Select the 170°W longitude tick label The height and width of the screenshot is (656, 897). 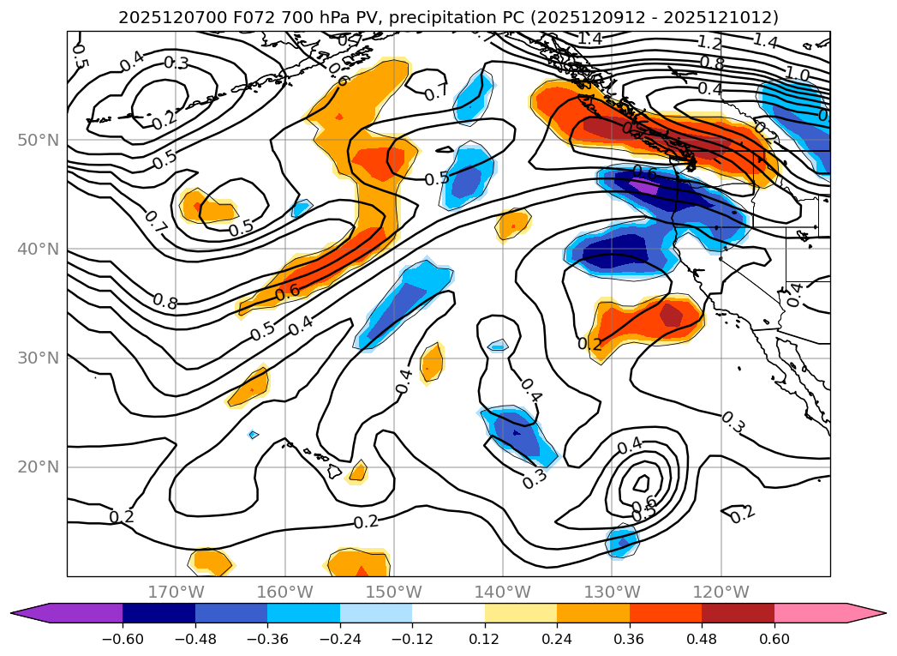pos(176,592)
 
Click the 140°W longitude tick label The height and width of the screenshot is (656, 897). pos(502,592)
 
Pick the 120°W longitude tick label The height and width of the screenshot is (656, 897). pos(721,592)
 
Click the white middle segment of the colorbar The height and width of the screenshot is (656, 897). pos(448,613)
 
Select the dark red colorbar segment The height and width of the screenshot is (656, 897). pos(738,613)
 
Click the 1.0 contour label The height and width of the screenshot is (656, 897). pos(797,75)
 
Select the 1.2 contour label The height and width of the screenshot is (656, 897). pos(709,43)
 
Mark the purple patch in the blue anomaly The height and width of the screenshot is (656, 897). pos(643,186)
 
